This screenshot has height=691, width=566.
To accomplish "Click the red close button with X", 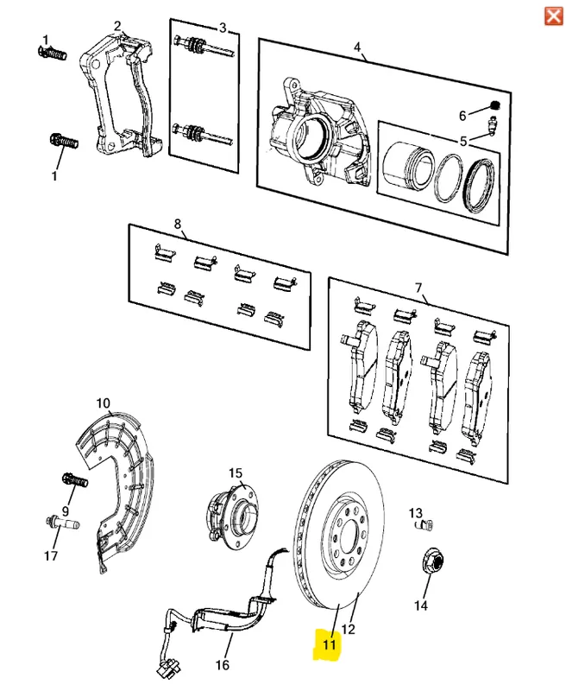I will click(550, 16).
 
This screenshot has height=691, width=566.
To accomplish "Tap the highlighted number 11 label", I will click(329, 643).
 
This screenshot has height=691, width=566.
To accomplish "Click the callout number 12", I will click(349, 629).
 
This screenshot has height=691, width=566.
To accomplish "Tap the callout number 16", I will click(222, 665).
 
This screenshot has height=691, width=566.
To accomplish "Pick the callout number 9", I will click(65, 510).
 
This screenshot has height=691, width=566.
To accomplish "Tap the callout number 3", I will click(223, 28).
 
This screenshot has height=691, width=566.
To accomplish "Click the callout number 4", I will click(356, 48).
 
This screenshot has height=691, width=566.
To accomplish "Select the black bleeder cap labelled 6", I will click(495, 105).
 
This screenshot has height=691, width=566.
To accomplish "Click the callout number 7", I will click(418, 287).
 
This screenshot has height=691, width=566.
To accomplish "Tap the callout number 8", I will click(178, 225).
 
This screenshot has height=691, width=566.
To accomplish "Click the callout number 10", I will click(104, 403).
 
